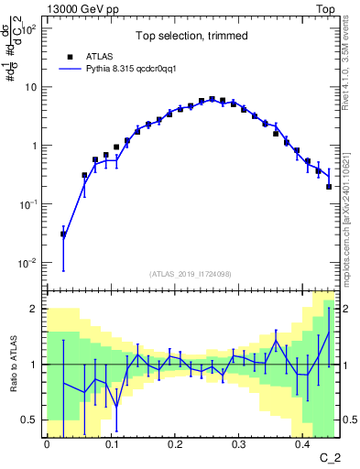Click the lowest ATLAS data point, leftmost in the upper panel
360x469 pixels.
63,234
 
